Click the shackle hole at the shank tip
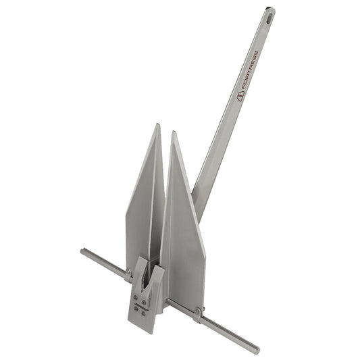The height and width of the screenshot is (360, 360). coord(269,11)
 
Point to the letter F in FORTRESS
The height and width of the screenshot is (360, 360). coord(244,87)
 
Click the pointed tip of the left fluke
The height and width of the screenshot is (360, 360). coord(157,125)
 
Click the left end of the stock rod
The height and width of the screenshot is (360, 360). coord(83,252)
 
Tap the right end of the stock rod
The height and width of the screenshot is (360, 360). coord(256,350)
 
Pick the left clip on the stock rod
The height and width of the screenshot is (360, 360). coord(128,274)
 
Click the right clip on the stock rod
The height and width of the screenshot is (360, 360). coord(197,312)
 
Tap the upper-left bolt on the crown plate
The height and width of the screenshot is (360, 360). coord(135,295)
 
